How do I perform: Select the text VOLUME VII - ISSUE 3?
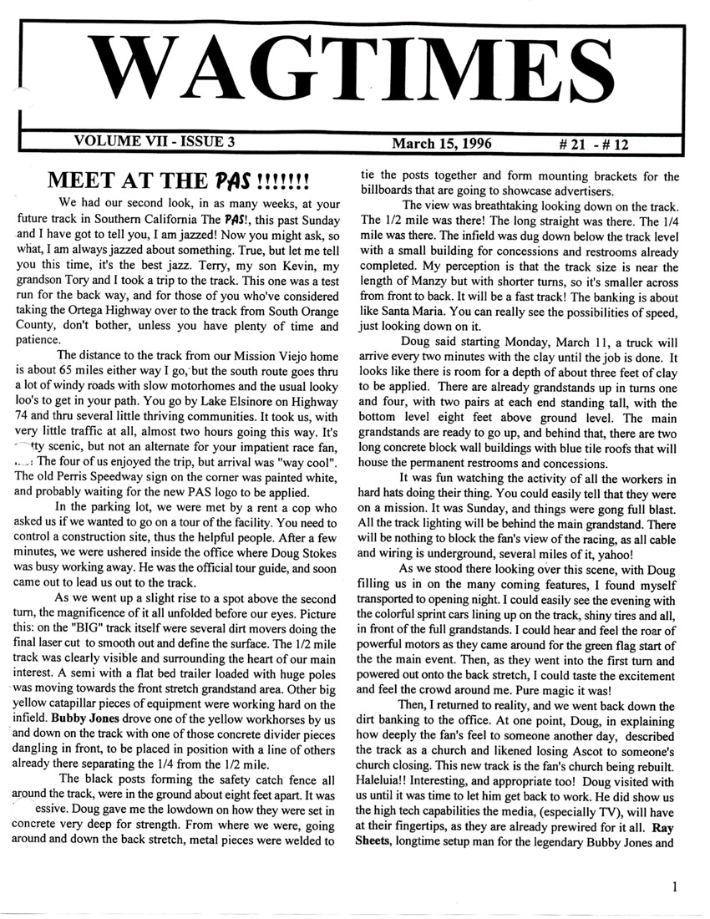point(155,141)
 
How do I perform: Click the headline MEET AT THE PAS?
point(180,180)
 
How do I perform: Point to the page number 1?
point(675,887)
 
